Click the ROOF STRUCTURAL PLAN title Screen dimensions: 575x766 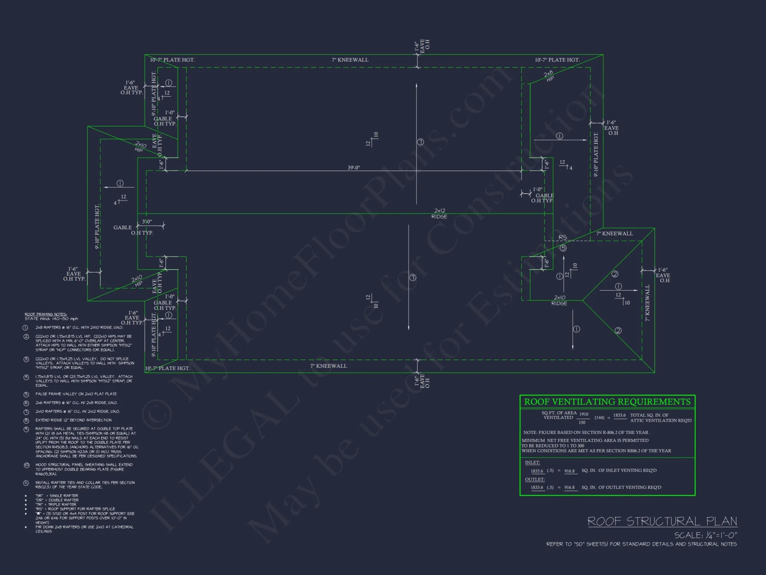(662, 521)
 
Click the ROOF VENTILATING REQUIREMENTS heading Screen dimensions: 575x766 (607, 402)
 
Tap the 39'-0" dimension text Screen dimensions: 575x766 (354, 168)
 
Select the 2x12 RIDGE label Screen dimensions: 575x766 (439, 214)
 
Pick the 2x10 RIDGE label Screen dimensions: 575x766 (559, 300)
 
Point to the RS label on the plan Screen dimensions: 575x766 (562, 238)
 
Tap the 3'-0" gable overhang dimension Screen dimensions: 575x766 (147, 222)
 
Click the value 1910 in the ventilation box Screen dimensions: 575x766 (584, 414)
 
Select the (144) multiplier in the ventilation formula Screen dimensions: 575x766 (599, 417)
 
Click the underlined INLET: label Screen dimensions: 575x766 (532, 462)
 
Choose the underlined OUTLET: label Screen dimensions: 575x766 (535, 479)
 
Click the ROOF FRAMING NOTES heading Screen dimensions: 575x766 (46, 314)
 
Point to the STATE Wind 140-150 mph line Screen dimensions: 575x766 (51, 319)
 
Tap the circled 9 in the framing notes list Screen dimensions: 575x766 (26, 429)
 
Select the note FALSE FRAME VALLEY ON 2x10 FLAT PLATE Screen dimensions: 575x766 (76, 394)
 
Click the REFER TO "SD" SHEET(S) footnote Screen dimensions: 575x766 (641, 544)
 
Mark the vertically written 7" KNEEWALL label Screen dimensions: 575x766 (647, 303)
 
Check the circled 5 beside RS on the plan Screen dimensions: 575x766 (563, 248)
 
